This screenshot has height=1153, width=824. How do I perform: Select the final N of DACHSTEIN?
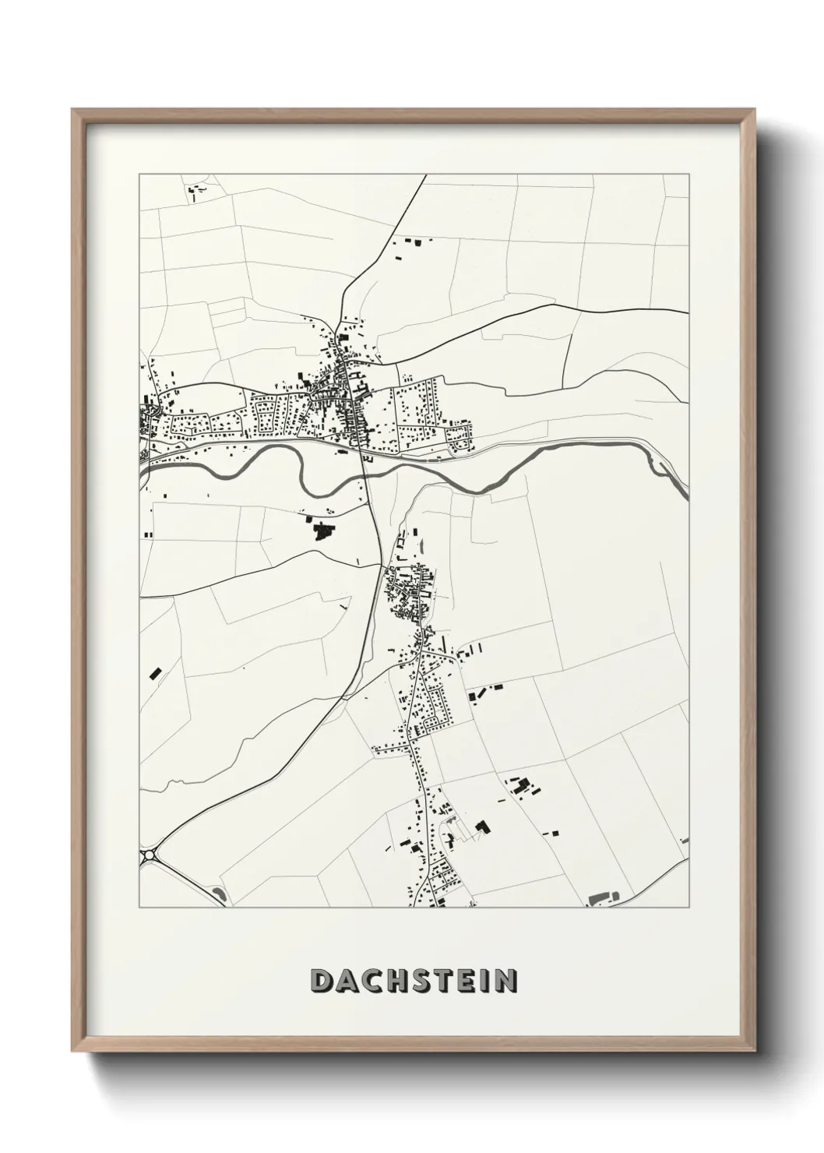(505, 982)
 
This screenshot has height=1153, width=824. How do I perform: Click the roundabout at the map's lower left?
(149, 855)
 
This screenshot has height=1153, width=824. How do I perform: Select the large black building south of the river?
(321, 532)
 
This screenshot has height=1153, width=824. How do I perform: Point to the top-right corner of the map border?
(688, 175)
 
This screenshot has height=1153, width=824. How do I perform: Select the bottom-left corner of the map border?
(139, 908)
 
